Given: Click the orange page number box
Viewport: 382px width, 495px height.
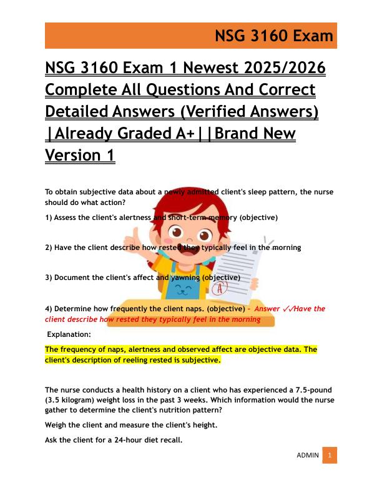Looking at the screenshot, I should pyautogui.click(x=330, y=455).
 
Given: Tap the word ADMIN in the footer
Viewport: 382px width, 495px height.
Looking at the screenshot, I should pyautogui.click(x=307, y=455).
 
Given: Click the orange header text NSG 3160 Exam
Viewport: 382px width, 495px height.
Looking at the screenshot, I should pyautogui.click(x=274, y=36).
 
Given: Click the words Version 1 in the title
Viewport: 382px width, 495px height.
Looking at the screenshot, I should pyautogui.click(x=80, y=155).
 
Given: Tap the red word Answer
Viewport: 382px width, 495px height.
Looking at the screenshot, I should pyautogui.click(x=268, y=309).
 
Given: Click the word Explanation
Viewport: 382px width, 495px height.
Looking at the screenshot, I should pyautogui.click(x=69, y=334).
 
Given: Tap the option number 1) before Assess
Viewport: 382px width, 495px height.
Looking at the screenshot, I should pyautogui.click(x=49, y=217).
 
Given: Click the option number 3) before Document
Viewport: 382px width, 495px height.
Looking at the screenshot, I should pyautogui.click(x=49, y=277).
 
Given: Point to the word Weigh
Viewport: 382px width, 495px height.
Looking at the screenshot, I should pyautogui.click(x=56, y=425).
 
